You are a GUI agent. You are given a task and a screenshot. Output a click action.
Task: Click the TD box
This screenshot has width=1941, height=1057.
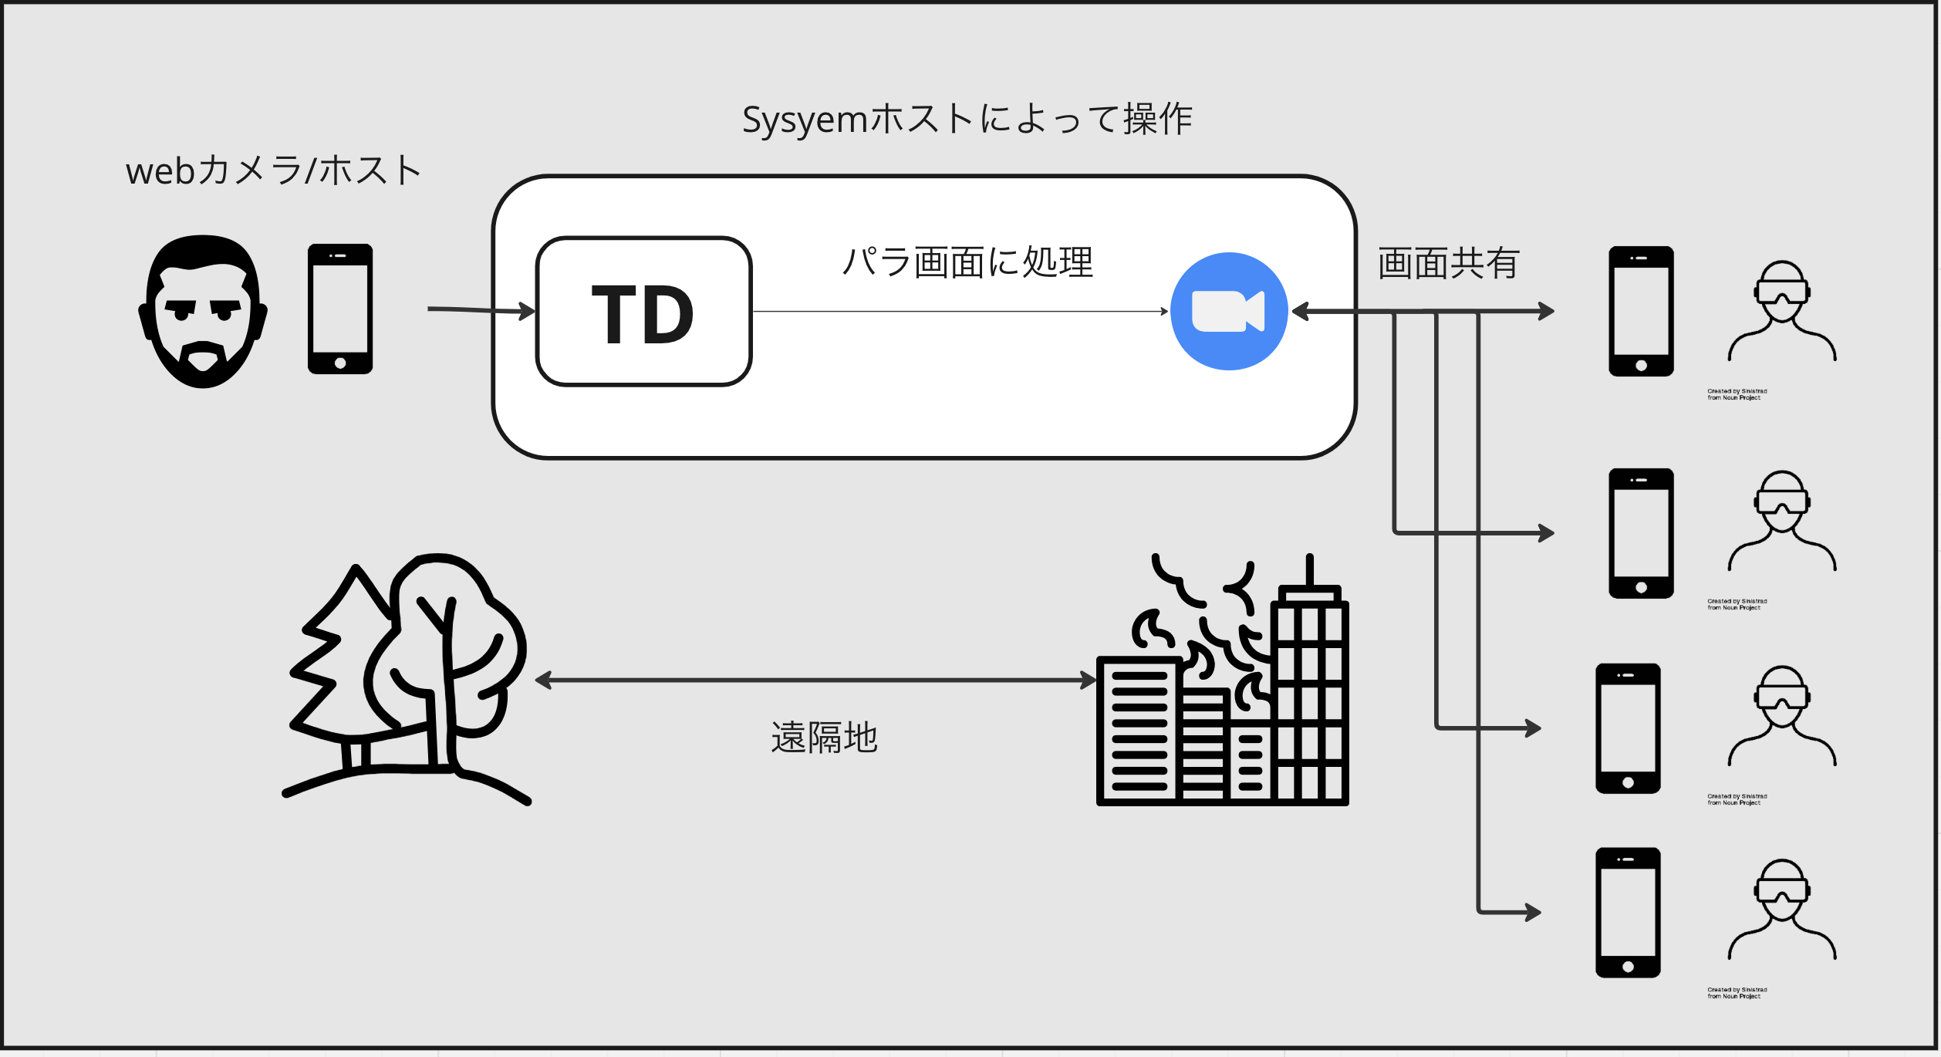[643, 312]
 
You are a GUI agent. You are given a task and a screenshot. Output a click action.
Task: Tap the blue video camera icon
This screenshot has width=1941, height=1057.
[1229, 311]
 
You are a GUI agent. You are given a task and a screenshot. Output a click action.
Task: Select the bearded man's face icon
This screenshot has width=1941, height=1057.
[203, 311]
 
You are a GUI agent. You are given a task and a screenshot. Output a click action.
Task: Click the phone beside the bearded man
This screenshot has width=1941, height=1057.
[340, 309]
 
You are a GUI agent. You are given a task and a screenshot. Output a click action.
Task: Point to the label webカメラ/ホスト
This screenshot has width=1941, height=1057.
[273, 171]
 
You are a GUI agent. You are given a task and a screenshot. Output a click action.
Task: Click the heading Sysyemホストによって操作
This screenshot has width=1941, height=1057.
[967, 120]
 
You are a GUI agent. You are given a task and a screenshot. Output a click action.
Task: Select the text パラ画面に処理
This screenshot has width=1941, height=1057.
[967, 262]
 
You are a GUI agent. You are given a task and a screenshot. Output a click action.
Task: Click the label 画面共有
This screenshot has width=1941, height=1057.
[1448, 264]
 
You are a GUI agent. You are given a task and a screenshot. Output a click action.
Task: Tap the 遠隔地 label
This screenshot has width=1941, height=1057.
[824, 738]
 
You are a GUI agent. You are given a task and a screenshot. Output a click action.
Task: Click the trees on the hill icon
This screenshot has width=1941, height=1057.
[407, 679]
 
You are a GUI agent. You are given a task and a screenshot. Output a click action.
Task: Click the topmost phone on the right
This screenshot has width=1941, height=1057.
[1641, 311]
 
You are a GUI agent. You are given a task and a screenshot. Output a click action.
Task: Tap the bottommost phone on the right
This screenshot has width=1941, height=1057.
[1628, 913]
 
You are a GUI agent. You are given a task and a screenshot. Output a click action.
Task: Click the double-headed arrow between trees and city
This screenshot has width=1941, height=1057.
[815, 680]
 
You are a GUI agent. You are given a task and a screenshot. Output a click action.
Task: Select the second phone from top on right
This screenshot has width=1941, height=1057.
[1641, 533]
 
